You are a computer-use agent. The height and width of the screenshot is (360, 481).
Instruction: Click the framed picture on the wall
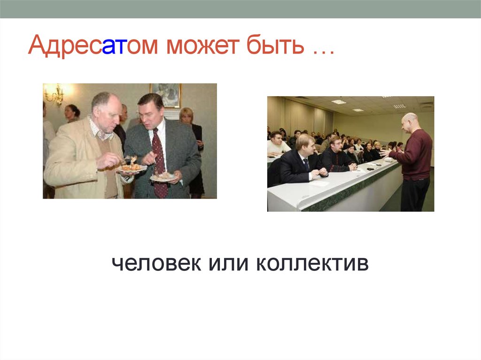pyautogui.click(x=165, y=95)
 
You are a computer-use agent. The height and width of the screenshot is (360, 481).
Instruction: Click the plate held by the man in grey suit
pyautogui.click(x=163, y=177)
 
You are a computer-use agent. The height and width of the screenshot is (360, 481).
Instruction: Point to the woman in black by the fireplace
pyautogui.click(x=193, y=150)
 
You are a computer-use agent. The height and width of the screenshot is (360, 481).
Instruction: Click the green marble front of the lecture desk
pyautogui.click(x=348, y=192)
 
